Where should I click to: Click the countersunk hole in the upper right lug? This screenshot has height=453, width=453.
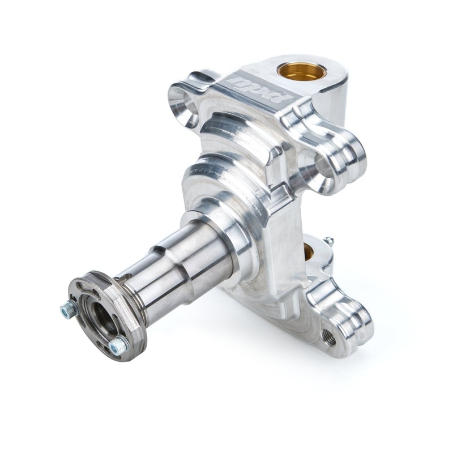[x=318, y=168]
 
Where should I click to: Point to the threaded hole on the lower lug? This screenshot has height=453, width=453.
[x=327, y=336]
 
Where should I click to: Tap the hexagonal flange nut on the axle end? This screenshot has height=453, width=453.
[x=108, y=310]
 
